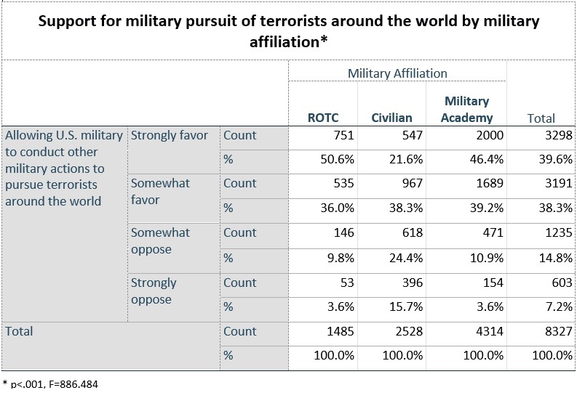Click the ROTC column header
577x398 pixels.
click(323, 118)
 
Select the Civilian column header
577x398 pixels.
click(391, 118)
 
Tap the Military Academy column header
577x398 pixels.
click(466, 109)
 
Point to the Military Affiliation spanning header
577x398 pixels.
click(397, 73)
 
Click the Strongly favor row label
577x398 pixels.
click(169, 135)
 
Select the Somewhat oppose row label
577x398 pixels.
click(160, 240)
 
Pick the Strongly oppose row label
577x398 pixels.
click(154, 291)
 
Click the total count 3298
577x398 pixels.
click(556, 135)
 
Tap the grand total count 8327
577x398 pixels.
click(556, 331)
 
